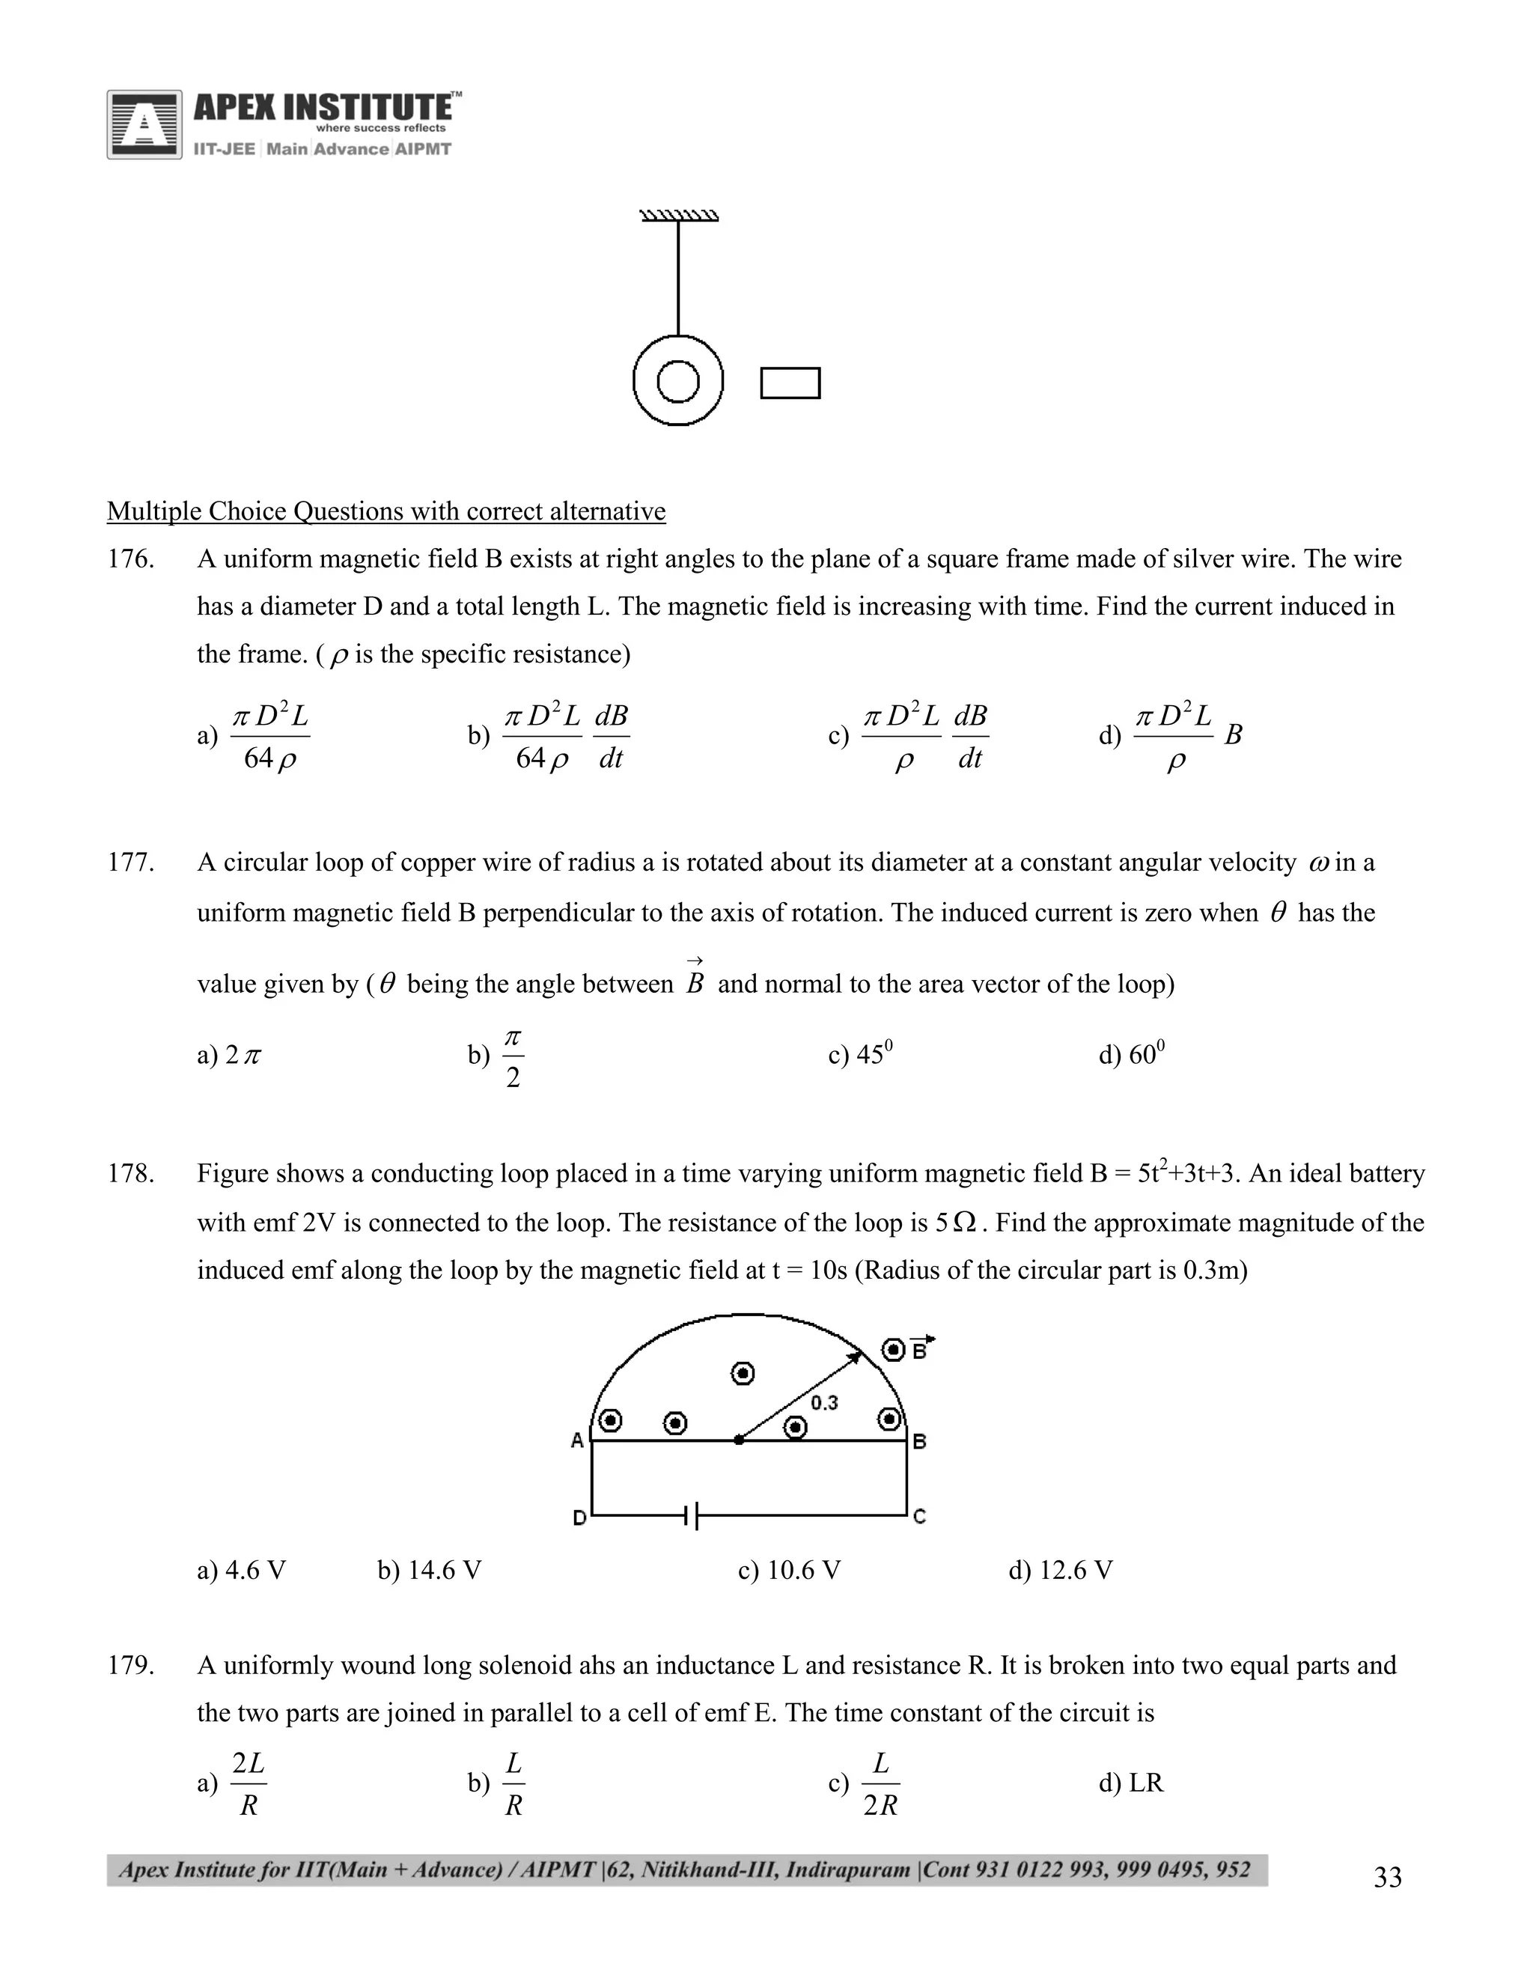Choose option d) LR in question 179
1131,1783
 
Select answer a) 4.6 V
241,1570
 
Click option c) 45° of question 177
860,1054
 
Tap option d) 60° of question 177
1132,1054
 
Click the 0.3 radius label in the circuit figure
823,1402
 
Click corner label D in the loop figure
579,1517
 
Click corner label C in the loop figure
919,1516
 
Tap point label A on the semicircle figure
576,1440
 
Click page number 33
1387,1878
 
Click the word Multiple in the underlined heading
153,511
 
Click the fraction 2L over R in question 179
248,1783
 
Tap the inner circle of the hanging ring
677,383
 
